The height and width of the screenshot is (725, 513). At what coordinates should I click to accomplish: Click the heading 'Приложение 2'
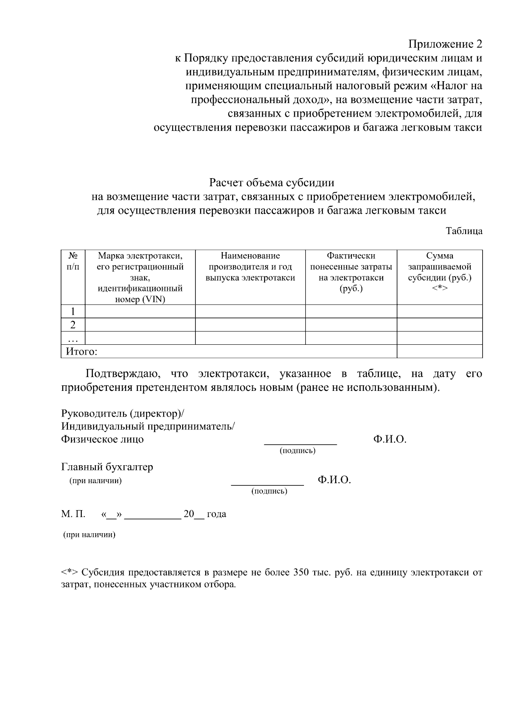[x=445, y=44]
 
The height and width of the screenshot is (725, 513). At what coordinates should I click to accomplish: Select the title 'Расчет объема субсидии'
[x=271, y=183]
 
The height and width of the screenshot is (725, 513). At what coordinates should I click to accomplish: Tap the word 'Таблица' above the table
[x=464, y=231]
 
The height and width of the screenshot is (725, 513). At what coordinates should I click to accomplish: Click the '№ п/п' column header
[x=73, y=261]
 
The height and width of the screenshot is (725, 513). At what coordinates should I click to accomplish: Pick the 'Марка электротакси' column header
[x=140, y=277]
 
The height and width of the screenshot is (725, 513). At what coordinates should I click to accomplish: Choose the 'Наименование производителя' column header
[x=250, y=267]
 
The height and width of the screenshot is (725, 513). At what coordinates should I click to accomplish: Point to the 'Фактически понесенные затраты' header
[x=351, y=272]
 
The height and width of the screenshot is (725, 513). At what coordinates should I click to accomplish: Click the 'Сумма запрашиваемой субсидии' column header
[x=439, y=272]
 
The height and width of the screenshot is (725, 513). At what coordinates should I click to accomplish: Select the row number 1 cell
[x=73, y=311]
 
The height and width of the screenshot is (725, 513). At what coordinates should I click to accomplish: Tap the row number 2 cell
[x=73, y=325]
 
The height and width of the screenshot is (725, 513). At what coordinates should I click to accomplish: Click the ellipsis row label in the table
[x=73, y=338]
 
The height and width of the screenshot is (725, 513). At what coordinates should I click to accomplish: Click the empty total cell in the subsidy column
[x=439, y=351]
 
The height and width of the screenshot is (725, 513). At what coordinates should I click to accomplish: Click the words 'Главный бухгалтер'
[x=107, y=467]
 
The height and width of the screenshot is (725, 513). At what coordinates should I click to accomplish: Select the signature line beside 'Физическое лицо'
[x=300, y=444]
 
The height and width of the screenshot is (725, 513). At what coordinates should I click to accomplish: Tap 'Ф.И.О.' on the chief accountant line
[x=334, y=480]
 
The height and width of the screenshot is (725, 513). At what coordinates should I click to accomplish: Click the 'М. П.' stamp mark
[x=73, y=514]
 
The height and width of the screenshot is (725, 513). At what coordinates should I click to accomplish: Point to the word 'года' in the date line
[x=216, y=514]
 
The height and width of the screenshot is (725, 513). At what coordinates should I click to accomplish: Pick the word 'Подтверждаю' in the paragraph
[x=123, y=374]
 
